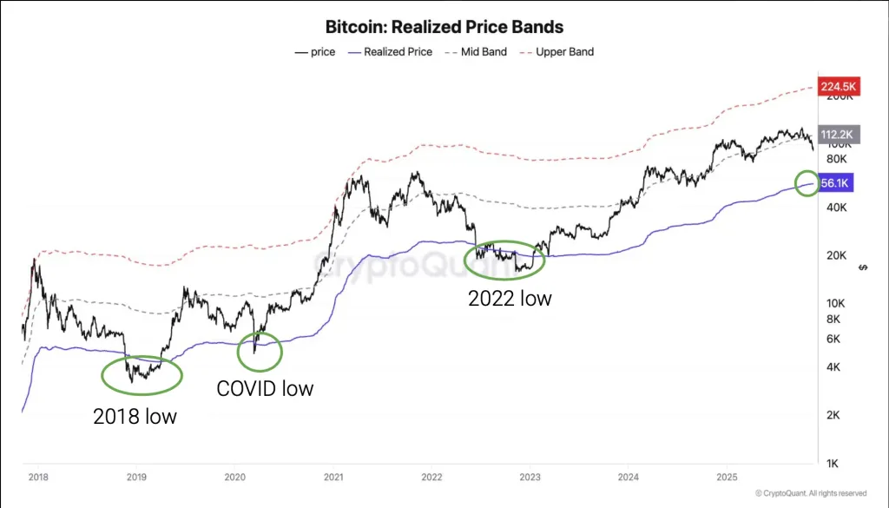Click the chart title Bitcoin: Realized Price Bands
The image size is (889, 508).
coord(444,28)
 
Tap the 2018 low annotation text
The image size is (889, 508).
coord(135,417)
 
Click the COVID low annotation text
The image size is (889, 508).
coord(265,388)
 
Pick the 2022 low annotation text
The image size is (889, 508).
coord(510,299)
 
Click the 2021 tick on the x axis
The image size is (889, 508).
coord(333,478)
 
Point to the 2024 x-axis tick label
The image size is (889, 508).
coord(628,478)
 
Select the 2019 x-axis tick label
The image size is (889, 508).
coord(136,478)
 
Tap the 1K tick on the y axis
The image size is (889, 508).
coord(831,463)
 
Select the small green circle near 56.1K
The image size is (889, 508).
coord(807,183)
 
